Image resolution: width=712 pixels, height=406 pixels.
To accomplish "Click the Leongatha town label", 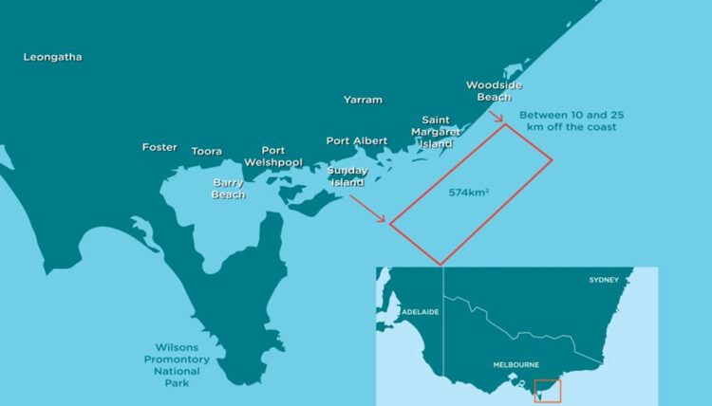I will click(53, 57).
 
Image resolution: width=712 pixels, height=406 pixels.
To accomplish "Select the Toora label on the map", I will click(207, 151).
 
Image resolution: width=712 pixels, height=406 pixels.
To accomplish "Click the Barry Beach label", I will click(228, 188).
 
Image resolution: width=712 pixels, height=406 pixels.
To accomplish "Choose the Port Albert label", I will click(357, 140).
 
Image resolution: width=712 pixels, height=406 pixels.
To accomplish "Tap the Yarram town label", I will click(363, 99).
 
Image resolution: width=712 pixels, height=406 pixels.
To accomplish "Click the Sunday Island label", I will click(347, 176).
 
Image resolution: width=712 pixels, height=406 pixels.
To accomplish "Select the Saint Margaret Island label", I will click(437, 132).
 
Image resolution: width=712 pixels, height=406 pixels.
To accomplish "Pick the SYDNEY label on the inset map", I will click(604, 280).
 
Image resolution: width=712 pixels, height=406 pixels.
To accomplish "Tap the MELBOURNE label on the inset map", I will click(516, 364).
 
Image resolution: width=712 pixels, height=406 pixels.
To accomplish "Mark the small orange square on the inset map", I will click(548, 390).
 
